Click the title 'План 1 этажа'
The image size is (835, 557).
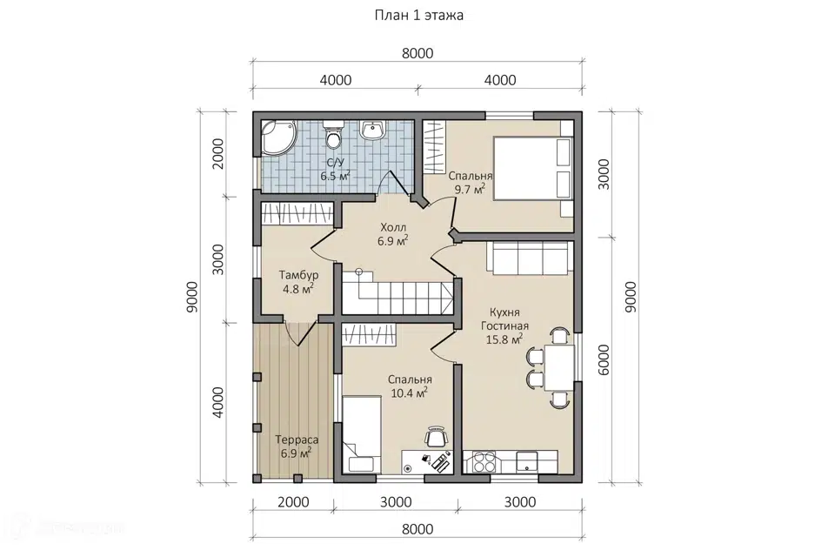pos(418,15)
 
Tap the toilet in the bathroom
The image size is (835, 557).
pos(334,134)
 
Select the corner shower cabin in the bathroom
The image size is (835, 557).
pos(278,138)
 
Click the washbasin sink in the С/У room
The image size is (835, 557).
pos(373,131)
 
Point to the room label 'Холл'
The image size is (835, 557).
pos(393,228)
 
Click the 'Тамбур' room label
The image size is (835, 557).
pos(298,275)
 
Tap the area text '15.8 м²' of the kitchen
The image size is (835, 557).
pos(504,339)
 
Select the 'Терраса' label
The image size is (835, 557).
pos(297,440)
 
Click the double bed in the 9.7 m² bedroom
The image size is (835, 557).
pos(532,168)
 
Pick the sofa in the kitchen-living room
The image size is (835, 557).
pos(530,258)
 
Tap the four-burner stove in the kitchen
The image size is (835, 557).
pos(483,461)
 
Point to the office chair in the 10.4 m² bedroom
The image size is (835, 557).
pos(436,437)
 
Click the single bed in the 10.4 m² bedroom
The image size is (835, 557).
pos(360,434)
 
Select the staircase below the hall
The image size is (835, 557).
pos(397,295)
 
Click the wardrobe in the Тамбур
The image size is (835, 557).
pos(297,214)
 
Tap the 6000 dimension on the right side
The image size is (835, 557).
pos(603,359)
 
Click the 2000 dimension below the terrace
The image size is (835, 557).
pos(293,502)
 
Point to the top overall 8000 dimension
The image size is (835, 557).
pos(417,53)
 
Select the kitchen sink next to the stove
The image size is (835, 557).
pos(527,461)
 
